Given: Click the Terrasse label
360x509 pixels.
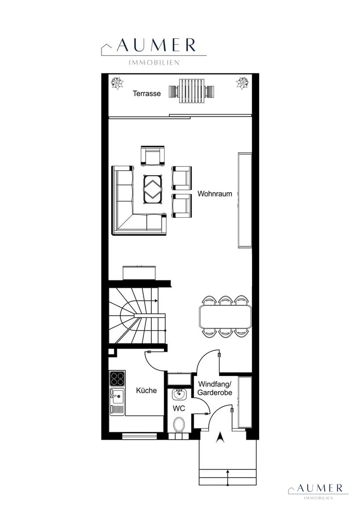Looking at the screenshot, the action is pos(147,93).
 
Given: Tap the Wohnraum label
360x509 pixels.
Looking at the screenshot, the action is pos(215,194).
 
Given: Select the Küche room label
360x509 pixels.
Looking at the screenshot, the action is pos(147,391).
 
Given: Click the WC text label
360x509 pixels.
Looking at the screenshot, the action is pos(179,408).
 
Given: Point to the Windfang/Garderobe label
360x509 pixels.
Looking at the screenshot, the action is pos(215,388).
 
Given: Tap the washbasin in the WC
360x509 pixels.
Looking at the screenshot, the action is pos(179,394).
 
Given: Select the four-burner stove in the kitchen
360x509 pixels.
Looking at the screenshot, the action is pos(117,378).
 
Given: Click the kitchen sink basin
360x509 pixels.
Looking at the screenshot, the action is pos(117,396).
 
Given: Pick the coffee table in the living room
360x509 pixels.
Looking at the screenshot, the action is pos(153,189).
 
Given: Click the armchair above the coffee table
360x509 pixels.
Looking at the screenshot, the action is pos(153,156).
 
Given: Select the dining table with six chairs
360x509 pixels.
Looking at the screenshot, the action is pos(225,316).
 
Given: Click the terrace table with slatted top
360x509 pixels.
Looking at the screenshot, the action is pos(192,91).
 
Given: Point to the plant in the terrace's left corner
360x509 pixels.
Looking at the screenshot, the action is pos(117,83).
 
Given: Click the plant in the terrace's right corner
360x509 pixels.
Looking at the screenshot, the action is pos(242,82).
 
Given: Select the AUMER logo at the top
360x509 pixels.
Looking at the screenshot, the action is pos(154,51).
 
